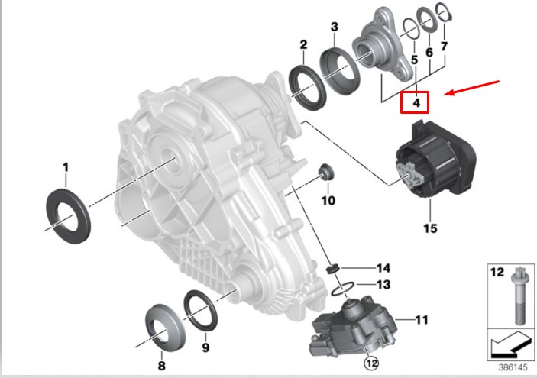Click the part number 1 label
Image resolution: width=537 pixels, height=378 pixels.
66,166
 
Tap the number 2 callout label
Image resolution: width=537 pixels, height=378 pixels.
303,45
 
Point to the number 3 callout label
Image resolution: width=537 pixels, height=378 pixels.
334,28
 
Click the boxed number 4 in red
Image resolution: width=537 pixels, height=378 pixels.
416,101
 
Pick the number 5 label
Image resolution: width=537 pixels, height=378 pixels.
413,59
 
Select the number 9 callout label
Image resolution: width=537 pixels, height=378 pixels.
205,347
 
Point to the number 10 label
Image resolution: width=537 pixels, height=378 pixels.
328,201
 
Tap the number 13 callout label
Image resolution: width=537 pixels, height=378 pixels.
382,284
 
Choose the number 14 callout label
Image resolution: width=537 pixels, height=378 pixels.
382,267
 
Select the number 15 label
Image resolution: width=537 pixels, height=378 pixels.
430,228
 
